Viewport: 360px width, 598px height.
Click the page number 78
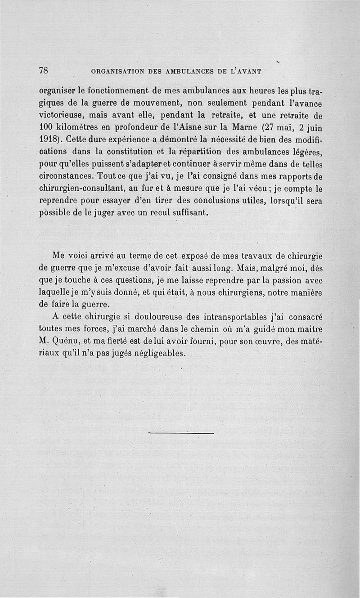click(x=44, y=70)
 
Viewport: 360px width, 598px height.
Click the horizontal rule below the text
click(x=181, y=433)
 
